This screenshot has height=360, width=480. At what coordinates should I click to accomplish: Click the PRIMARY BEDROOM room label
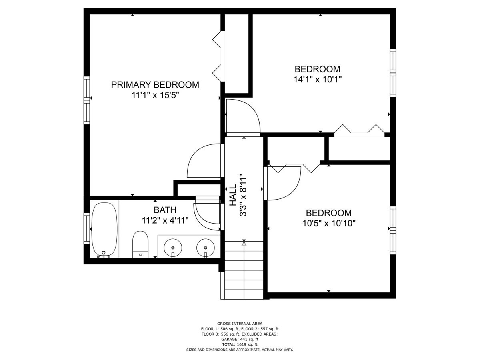point(155,85)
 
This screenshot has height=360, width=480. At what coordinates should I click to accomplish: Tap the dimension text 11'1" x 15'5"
point(155,95)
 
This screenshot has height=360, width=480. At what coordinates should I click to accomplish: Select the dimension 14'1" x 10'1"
point(318,79)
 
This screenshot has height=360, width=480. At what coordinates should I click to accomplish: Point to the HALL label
point(233,195)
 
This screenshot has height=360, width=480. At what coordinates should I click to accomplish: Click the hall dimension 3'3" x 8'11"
point(243,195)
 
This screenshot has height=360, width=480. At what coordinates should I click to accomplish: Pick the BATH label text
point(165,210)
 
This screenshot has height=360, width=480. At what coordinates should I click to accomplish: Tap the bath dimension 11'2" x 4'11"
point(165,220)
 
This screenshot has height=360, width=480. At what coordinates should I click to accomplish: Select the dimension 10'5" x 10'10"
point(329,223)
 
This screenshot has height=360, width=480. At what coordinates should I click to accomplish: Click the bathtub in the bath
point(104,230)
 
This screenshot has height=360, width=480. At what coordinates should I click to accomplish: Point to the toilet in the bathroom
point(140,244)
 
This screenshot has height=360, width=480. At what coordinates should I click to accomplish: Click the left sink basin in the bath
point(173,248)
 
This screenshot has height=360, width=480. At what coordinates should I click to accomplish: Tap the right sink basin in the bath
point(205,248)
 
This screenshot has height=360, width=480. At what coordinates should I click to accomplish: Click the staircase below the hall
point(244,270)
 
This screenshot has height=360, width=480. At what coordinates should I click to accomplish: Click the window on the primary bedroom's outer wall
point(87,100)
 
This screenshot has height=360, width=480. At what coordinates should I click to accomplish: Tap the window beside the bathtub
point(87,228)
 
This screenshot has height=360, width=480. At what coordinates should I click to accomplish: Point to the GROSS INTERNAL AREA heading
point(240,324)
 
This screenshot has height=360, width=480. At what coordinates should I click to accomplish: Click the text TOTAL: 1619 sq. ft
point(240,344)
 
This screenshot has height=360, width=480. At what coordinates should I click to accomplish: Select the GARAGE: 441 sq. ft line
point(240,339)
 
